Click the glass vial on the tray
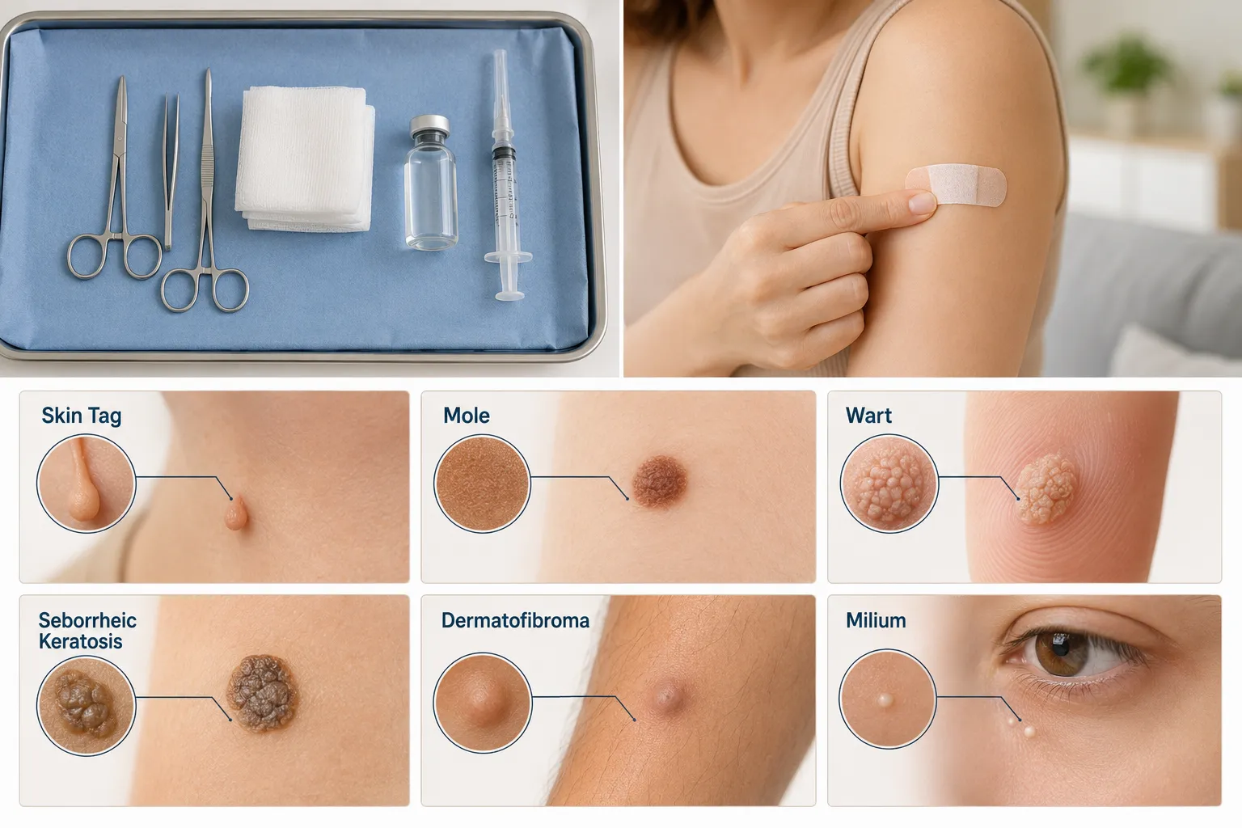coord(431,182)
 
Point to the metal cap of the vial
coord(429,126)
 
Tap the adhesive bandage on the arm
coord(957,185)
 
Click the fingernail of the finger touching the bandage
coord(923,202)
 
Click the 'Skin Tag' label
coord(82,416)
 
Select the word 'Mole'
coord(467,416)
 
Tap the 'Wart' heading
coord(869,416)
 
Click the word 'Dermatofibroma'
coord(515,620)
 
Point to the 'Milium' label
coord(876,620)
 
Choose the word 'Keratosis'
coord(80,642)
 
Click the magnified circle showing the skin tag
coord(86,483)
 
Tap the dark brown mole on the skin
coord(660,481)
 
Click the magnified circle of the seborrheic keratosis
coord(86,706)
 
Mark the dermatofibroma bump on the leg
coord(667,696)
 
